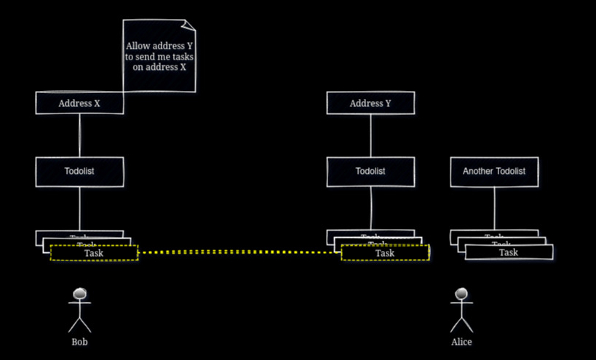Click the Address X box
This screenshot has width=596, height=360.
click(x=79, y=103)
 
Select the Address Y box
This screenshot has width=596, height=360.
click(x=370, y=103)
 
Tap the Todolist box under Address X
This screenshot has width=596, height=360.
click(x=79, y=172)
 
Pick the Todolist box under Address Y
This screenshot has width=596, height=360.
click(x=370, y=172)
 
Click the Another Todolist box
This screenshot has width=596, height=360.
click(x=494, y=172)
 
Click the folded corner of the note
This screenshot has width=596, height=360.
click(x=188, y=26)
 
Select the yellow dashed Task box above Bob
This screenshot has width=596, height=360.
click(x=94, y=253)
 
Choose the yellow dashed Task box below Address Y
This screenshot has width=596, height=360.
click(x=385, y=253)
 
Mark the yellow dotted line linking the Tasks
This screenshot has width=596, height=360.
click(x=240, y=252)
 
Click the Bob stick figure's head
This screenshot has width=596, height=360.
click(x=80, y=294)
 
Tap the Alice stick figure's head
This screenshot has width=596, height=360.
click(x=461, y=294)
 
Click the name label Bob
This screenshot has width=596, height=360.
click(x=80, y=341)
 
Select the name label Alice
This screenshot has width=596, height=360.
click(x=461, y=341)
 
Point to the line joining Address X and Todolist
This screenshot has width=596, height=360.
click(x=79, y=135)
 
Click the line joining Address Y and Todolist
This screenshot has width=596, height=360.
click(x=370, y=135)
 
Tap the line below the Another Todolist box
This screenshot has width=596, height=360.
click(x=494, y=208)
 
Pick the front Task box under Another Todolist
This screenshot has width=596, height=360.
click(x=509, y=252)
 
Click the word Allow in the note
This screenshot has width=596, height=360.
click(x=138, y=46)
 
